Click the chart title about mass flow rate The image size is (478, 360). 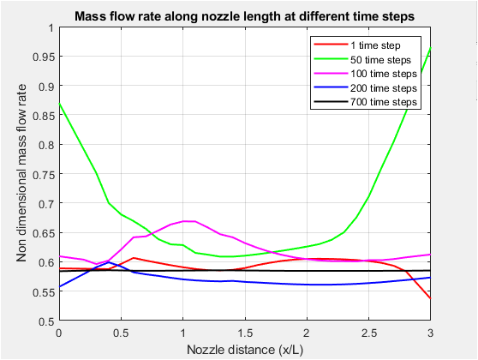(244, 15)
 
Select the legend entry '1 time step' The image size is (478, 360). (380, 44)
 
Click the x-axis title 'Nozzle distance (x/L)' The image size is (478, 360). (244, 348)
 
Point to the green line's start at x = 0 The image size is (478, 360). (58, 103)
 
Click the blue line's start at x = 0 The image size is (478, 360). (58, 286)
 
